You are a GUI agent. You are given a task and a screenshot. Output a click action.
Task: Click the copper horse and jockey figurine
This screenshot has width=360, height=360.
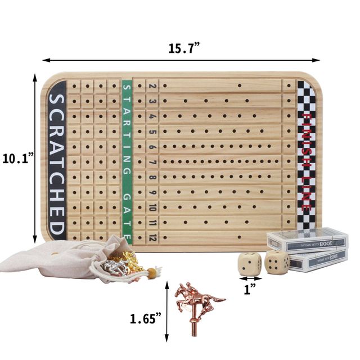point(194,301)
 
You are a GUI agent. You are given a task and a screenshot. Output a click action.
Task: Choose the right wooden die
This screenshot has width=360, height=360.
point(276,262)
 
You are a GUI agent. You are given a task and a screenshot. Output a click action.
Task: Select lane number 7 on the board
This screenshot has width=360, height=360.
point(152,163)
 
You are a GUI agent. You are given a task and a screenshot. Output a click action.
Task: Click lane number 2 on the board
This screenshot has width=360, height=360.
point(152,86)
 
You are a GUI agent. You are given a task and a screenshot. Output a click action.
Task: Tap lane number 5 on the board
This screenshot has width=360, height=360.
point(152,132)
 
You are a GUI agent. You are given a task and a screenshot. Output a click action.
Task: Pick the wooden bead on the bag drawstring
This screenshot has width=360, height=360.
point(150,274)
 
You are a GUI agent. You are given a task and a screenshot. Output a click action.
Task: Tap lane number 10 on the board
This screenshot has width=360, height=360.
point(152,208)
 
